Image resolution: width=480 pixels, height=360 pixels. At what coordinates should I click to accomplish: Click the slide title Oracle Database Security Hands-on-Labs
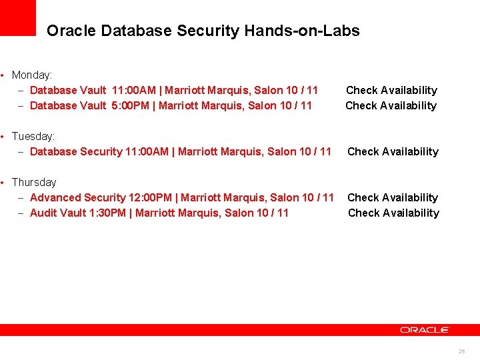(203, 31)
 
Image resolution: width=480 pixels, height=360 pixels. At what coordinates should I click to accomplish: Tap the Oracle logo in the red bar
(425, 330)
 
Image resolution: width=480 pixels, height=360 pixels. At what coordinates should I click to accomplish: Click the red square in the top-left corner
(17, 17)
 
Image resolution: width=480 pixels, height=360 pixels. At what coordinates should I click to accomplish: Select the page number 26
(461, 351)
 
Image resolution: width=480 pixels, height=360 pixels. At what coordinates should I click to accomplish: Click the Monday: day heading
(32, 75)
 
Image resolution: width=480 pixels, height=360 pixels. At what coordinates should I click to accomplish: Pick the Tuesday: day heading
(33, 136)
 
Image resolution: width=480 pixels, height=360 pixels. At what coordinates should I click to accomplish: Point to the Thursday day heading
(34, 182)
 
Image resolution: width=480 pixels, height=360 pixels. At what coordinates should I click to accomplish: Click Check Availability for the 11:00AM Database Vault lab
(391, 90)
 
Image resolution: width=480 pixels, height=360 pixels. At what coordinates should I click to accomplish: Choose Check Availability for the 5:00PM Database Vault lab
(391, 105)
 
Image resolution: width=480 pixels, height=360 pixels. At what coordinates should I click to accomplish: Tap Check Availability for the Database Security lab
(393, 151)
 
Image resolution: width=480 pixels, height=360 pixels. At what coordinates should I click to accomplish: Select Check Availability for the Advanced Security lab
(393, 197)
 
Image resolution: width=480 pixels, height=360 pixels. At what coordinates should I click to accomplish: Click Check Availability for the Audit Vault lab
(393, 213)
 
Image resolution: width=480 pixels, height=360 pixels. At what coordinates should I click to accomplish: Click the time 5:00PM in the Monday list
(133, 105)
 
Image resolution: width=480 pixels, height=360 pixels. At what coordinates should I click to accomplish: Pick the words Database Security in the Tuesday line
(76, 151)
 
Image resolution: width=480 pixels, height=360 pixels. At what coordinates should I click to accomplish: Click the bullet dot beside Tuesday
(4, 137)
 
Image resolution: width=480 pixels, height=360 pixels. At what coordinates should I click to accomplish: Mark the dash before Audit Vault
(21, 213)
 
